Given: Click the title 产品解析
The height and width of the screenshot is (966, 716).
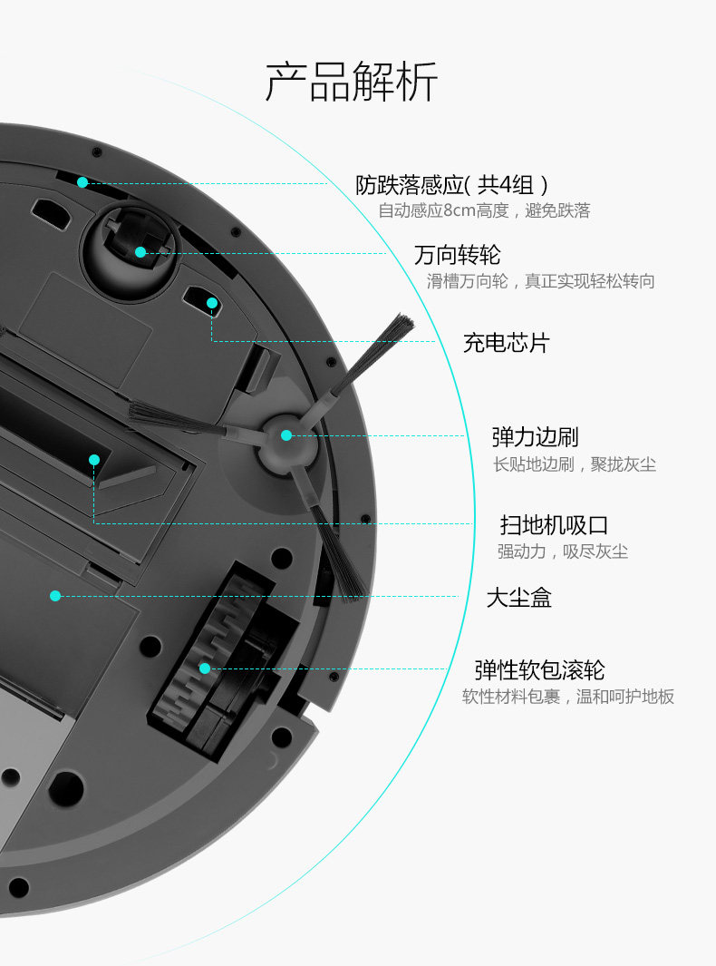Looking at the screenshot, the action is click(352, 83).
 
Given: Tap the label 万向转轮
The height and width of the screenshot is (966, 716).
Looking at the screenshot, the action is click(457, 254).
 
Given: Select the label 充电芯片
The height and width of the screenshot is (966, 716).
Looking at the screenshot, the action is click(506, 343).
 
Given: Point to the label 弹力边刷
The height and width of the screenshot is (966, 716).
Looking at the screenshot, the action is click(535, 436).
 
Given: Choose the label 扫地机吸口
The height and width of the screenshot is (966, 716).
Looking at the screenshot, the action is click(554, 524).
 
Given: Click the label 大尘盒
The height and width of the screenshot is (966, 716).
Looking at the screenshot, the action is click(518, 598).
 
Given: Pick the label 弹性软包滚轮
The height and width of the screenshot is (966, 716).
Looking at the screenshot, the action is click(539, 670).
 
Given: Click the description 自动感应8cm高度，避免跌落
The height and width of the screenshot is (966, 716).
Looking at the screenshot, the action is click(484, 211).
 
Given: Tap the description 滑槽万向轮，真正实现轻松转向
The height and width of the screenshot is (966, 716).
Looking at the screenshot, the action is click(540, 281).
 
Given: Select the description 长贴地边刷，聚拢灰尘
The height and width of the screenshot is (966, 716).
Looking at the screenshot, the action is click(574, 464).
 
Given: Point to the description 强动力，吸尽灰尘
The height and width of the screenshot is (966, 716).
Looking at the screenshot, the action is click(562, 551).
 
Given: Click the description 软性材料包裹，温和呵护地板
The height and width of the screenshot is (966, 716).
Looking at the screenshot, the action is click(568, 697).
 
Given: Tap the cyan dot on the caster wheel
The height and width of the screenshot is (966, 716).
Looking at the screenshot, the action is click(140, 252).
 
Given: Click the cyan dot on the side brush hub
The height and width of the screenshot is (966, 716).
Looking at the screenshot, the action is click(286, 435).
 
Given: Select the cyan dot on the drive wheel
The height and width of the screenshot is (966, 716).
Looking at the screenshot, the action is click(205, 668).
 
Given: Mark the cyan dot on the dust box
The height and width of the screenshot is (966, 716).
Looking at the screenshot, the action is click(55, 596).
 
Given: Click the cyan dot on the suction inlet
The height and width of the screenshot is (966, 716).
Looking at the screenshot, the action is click(94, 460).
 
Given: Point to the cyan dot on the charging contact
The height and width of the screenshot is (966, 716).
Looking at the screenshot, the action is click(212, 303).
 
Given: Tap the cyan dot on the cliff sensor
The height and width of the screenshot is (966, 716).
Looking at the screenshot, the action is click(82, 182).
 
